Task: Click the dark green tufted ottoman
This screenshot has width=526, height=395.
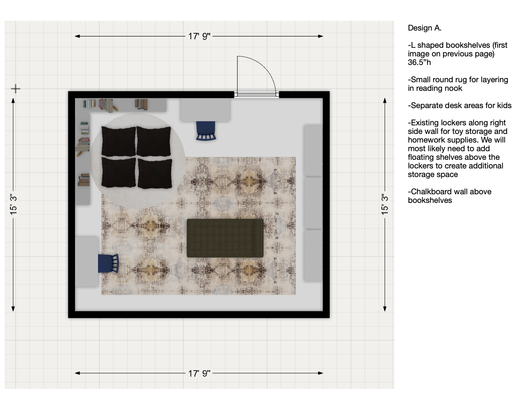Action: click(x=225, y=238)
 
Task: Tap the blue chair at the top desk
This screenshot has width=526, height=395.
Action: click(x=206, y=131)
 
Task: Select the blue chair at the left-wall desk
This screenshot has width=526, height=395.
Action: click(x=108, y=263)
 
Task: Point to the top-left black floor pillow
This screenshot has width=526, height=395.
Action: click(x=119, y=141)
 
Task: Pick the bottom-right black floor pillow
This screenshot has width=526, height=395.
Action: click(x=155, y=173)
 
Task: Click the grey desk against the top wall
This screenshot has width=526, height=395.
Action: click(x=205, y=110)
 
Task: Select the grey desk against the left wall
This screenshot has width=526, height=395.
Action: click(x=87, y=261)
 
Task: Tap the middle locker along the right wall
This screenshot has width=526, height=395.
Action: click(x=313, y=203)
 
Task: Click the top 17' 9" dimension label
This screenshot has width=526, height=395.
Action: click(x=199, y=37)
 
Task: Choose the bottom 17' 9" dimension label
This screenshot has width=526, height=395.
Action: click(x=199, y=373)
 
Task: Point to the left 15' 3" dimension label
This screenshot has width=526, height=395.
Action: click(x=13, y=204)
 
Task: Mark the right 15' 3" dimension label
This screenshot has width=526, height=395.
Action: click(x=384, y=204)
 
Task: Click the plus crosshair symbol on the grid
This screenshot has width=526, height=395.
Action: click(x=15, y=89)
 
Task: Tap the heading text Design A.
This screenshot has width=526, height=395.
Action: click(x=424, y=28)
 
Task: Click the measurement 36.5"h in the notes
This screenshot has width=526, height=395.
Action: click(x=419, y=62)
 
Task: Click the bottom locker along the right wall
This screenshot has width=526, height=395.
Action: click(x=313, y=256)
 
